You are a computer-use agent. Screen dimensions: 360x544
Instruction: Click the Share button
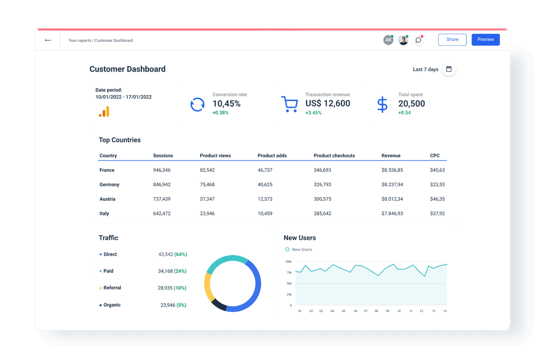pos(452,40)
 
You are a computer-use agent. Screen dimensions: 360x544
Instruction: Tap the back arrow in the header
pos(48,40)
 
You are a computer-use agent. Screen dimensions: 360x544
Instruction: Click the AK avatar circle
pos(388,40)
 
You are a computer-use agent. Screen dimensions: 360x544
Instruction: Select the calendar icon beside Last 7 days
pos(449,69)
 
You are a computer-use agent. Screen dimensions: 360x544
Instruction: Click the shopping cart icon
pos(289,104)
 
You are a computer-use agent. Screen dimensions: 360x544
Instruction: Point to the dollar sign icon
pos(382,104)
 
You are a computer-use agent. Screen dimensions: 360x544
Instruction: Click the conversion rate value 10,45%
pos(226,104)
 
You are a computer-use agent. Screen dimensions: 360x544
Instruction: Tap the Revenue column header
pos(391,156)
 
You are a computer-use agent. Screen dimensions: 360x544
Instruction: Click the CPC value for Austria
pos(437,199)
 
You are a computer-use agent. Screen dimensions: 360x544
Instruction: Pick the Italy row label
pos(104,214)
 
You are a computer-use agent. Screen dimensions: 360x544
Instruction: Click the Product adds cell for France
pos(265,170)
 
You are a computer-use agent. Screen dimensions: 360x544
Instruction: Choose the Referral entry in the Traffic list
pos(112,288)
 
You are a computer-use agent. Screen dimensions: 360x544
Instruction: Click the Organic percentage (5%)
pos(181,305)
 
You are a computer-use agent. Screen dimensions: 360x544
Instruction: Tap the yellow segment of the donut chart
pos(209,287)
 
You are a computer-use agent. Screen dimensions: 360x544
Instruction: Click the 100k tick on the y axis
pos(288,262)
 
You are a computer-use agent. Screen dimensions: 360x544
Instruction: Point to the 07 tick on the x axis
pos(366,311)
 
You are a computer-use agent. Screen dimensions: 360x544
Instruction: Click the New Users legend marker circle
pos(287,249)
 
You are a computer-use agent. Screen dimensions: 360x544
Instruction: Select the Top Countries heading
pos(120,140)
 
